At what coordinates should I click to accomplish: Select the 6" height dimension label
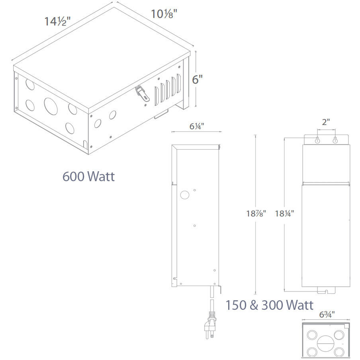198,79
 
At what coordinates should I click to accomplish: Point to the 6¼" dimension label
196,127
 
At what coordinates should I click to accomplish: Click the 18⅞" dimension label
256,213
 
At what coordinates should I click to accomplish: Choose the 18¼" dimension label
284,213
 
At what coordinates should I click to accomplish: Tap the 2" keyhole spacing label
326,123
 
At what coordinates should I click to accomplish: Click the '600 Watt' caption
88,176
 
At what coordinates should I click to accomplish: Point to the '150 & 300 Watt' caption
269,305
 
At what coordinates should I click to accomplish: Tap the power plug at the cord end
210,325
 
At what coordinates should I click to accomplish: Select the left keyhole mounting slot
317,141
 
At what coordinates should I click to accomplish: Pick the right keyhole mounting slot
335,141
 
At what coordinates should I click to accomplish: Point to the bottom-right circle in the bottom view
339,351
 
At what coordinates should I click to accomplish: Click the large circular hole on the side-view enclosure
184,195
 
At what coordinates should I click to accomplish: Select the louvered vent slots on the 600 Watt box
166,90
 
